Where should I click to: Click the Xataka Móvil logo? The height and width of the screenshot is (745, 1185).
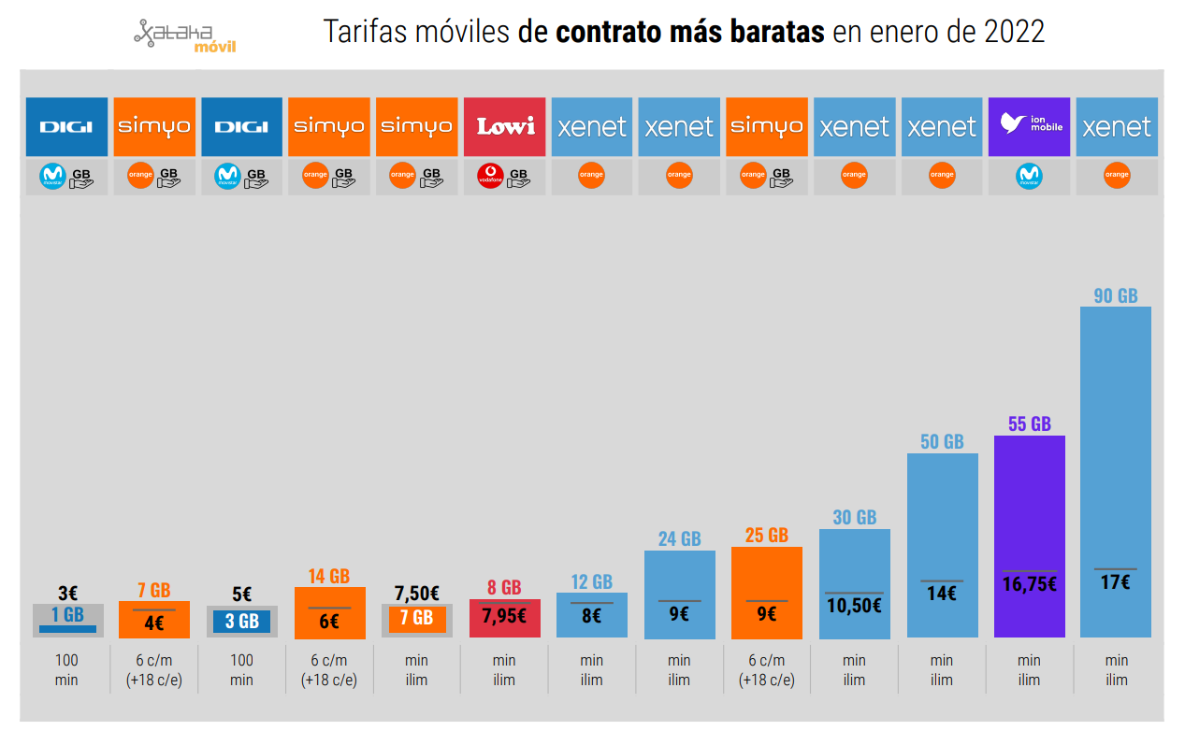click(184, 36)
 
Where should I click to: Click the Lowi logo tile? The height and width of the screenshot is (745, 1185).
click(504, 126)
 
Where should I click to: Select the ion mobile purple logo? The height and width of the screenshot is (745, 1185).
click(1029, 126)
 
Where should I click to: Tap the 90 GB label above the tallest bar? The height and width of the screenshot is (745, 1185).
click(1115, 295)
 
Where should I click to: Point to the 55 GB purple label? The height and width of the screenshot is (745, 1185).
click(1029, 423)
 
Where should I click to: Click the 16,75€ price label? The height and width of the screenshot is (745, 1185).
click(1029, 585)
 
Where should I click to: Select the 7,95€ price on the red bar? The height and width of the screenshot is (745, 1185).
click(504, 616)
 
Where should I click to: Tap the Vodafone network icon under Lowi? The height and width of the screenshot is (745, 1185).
click(490, 177)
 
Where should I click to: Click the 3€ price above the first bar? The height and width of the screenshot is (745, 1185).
click(67, 594)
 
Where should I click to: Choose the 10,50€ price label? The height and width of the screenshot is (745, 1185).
click(854, 606)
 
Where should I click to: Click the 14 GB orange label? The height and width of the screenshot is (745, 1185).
click(329, 576)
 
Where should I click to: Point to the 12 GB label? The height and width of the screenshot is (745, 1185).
click(591, 581)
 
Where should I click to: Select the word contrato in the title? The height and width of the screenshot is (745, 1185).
click(609, 32)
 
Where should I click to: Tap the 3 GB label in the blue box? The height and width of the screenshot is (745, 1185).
click(241, 622)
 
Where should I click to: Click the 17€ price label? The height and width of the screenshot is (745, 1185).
click(1115, 581)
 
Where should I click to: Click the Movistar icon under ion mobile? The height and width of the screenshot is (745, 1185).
click(1029, 177)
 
